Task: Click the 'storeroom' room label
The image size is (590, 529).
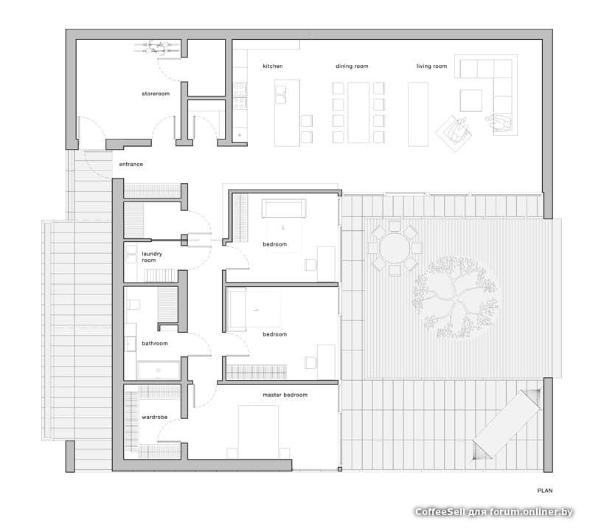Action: pyautogui.click(x=156, y=94)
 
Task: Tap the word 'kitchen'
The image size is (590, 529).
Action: pyautogui.click(x=272, y=66)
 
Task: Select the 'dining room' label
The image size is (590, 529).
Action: pyautogui.click(x=352, y=66)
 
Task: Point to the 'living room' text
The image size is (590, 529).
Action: pyautogui.click(x=431, y=66)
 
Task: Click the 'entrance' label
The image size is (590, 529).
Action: pyautogui.click(x=131, y=164)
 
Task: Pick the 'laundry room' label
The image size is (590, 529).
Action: pyautogui.click(x=152, y=257)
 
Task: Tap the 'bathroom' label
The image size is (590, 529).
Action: pyautogui.click(x=155, y=343)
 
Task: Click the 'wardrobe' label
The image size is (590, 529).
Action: pyautogui.click(x=154, y=417)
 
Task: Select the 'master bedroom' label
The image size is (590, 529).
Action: pyautogui.click(x=285, y=395)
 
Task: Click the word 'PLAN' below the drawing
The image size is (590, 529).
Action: pyautogui.click(x=545, y=491)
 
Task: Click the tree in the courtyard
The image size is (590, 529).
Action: pyautogui.click(x=455, y=297)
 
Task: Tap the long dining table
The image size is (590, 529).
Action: pyautogui.click(x=358, y=113)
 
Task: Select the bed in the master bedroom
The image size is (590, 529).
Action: pyautogui.click(x=258, y=432)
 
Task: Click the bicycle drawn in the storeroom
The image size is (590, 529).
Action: pyautogui.click(x=157, y=47)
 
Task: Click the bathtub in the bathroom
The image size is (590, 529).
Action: pyautogui.click(x=159, y=370)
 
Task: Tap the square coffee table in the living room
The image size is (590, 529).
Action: pyautogui.click(x=471, y=100)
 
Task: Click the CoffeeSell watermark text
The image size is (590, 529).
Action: pyautogui.click(x=493, y=512)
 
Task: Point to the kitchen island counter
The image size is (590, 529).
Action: pyautogui.click(x=287, y=113)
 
